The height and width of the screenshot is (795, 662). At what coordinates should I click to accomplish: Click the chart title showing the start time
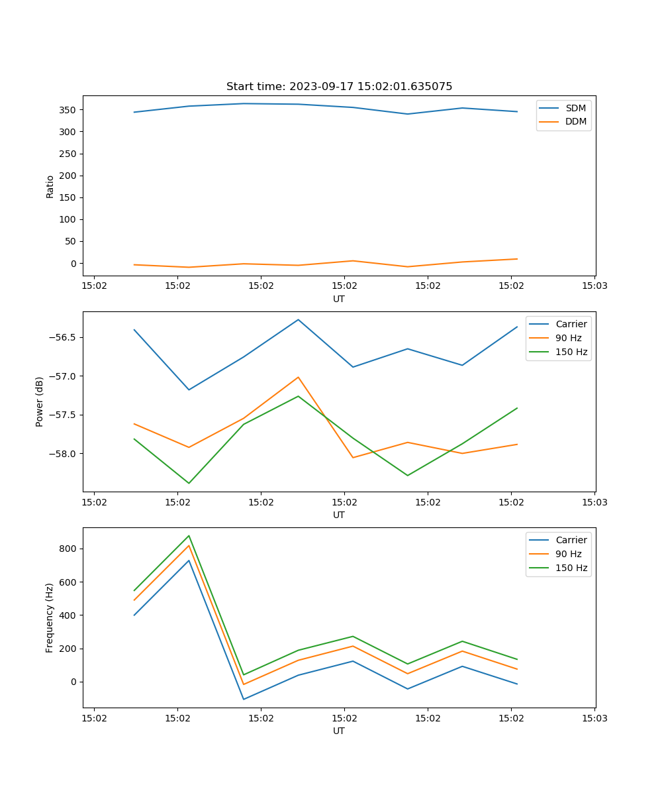point(339,87)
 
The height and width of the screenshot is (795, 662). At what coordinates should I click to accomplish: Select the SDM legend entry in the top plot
point(575,108)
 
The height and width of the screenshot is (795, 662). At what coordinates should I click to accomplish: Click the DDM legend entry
point(575,121)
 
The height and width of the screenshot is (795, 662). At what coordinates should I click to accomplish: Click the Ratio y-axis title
point(50,187)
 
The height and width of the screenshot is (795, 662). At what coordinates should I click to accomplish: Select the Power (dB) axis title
point(40,401)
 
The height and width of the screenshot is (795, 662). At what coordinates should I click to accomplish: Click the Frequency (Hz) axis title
point(50,617)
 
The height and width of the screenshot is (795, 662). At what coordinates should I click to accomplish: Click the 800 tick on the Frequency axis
point(70,549)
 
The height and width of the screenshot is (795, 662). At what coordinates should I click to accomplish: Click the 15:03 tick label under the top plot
point(594,287)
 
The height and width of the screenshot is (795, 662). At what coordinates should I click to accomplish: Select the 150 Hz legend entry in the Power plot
point(571,352)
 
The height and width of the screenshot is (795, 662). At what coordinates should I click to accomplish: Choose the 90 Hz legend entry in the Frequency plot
point(569,554)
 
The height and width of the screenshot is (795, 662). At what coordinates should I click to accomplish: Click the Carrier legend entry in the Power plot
point(571,324)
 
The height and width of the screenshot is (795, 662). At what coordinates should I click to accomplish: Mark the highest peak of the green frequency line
point(189,536)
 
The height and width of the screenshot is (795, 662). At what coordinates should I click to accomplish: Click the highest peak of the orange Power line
point(299,377)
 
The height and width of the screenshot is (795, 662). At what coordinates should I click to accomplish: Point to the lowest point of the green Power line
point(189,483)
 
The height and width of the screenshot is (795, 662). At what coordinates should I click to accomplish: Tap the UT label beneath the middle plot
point(339,515)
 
